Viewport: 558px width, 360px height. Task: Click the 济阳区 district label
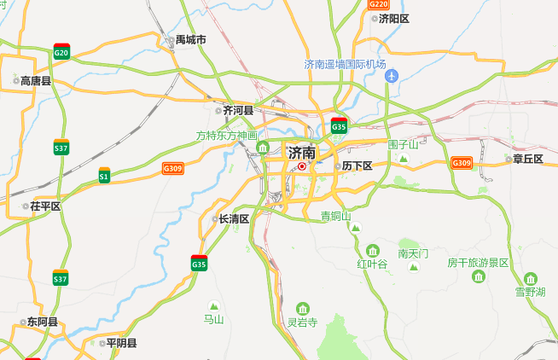pyautogui.click(x=394, y=18)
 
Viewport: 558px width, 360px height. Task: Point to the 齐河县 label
pyautogui.click(x=238, y=110)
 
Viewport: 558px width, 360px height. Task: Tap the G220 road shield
pyautogui.click(x=379, y=4)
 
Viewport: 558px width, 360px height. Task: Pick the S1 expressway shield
pyautogui.click(x=104, y=175)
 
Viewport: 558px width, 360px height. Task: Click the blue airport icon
pyautogui.click(x=392, y=78)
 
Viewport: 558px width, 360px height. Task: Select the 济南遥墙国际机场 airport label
pyautogui.click(x=346, y=65)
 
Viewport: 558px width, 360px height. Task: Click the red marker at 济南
pyautogui.click(x=302, y=166)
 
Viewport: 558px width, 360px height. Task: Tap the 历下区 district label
pyautogui.click(x=356, y=165)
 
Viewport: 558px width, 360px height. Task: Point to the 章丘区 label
pyautogui.click(x=527, y=159)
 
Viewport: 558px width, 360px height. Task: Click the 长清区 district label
pyautogui.click(x=233, y=219)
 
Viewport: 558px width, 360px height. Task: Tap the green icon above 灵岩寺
pyautogui.click(x=302, y=308)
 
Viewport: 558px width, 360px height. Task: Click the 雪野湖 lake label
pyautogui.click(x=531, y=293)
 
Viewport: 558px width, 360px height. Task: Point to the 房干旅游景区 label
pyautogui.click(x=478, y=263)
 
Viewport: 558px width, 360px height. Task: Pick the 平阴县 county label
pyautogui.click(x=120, y=343)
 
